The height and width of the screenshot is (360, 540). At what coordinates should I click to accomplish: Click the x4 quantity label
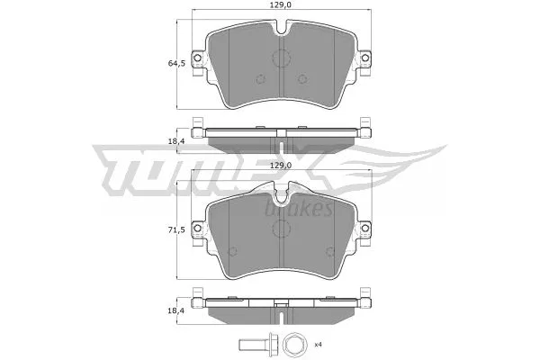(317, 344)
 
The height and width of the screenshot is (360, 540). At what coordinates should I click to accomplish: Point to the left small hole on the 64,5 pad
(258, 78)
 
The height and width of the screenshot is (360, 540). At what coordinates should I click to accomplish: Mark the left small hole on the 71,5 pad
(233, 250)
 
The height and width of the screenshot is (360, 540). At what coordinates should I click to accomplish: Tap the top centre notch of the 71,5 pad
(283, 192)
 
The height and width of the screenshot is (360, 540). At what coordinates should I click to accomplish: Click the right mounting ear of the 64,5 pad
(365, 58)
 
